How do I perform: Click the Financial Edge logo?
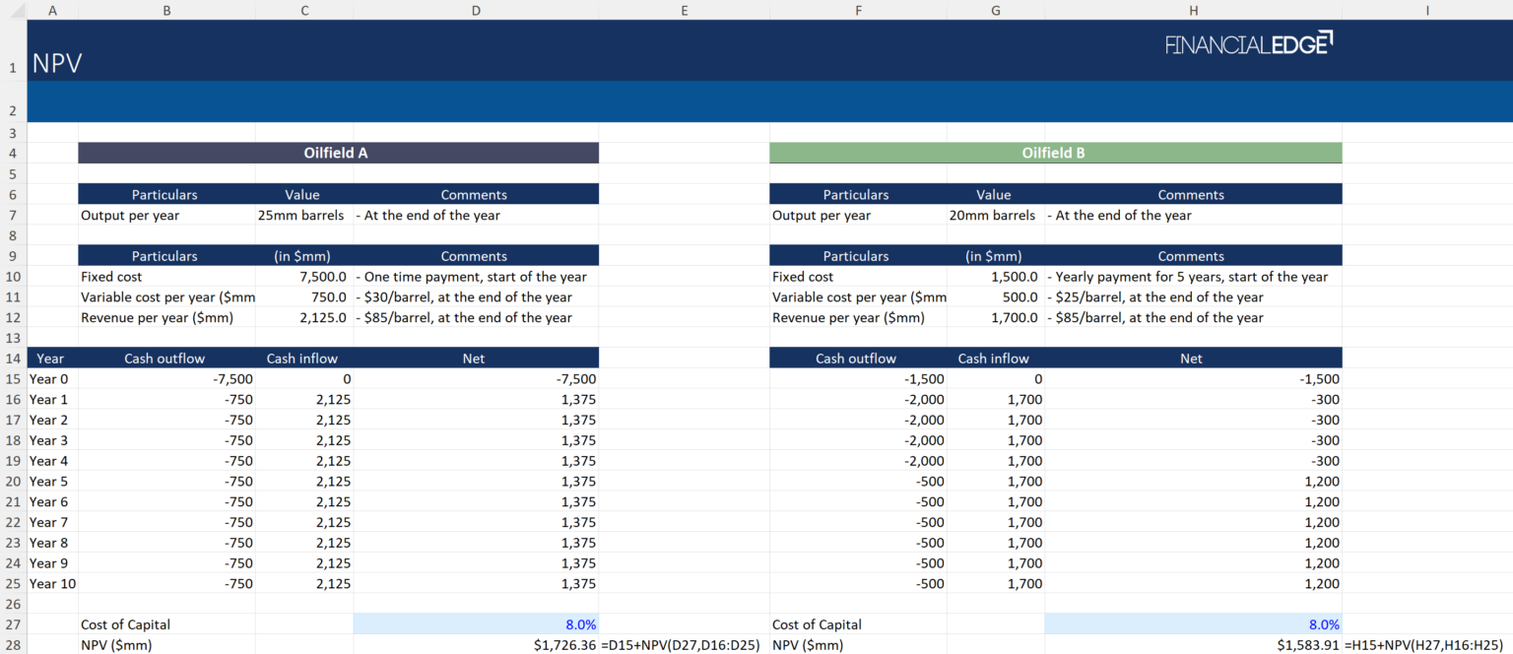[x=1248, y=44]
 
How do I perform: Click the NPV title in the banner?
[x=57, y=65]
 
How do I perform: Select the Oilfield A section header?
[x=337, y=153]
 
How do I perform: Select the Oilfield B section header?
[x=1054, y=153]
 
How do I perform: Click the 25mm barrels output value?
[x=301, y=216]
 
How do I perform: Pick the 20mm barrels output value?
[x=993, y=216]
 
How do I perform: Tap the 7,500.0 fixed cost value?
[x=322, y=277]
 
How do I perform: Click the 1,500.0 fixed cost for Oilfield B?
[x=1014, y=277]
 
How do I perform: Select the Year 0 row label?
[x=49, y=379]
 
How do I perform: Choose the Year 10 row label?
[x=52, y=584]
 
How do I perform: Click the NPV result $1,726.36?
[x=563, y=645]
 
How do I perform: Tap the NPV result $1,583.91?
[x=1308, y=645]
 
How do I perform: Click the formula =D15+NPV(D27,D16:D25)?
[x=680, y=645]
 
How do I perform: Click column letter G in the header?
[x=996, y=10]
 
